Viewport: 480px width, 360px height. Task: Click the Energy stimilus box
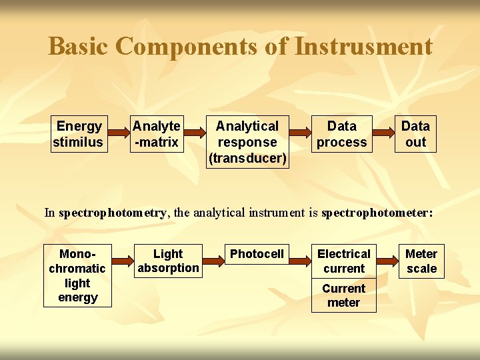[79, 134]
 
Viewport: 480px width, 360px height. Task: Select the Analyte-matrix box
[156, 134]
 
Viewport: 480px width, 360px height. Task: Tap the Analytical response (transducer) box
[247, 142]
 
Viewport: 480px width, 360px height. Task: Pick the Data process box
[341, 134]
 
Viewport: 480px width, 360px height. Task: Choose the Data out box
[415, 134]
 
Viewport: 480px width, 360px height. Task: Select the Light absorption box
[167, 261]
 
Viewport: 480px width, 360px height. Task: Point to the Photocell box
[257, 254]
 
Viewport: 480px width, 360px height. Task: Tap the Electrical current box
[343, 261]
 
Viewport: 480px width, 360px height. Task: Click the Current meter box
[343, 295]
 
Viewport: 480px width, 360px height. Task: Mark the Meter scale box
[421, 261]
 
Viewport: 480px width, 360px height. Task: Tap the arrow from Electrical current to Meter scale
[389, 255]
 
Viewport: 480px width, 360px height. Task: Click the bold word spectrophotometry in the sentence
[113, 213]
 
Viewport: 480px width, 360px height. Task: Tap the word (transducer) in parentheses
[247, 159]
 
